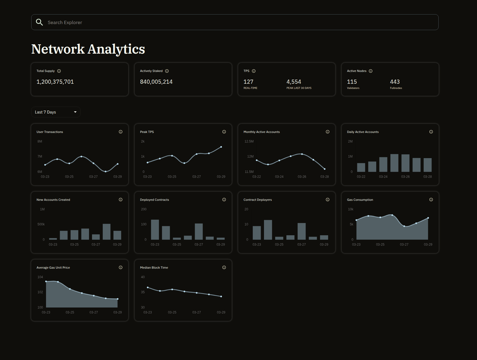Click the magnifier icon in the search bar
(39, 22)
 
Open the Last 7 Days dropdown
(56, 112)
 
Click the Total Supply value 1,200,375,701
(55, 82)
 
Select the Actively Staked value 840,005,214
(156, 82)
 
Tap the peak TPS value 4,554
(294, 82)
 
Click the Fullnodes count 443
(395, 82)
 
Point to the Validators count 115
(352, 82)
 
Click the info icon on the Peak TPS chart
(224, 132)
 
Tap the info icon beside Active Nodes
(370, 71)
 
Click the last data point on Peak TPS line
(221, 147)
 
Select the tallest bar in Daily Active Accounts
(394, 163)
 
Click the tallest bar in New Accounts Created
(107, 232)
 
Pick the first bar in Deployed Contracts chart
(155, 229)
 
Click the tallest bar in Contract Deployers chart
(268, 230)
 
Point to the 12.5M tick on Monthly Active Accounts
(249, 141)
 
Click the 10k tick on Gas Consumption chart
(350, 209)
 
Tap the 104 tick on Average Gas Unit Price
(40, 277)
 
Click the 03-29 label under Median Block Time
(221, 312)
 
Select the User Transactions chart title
(50, 132)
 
